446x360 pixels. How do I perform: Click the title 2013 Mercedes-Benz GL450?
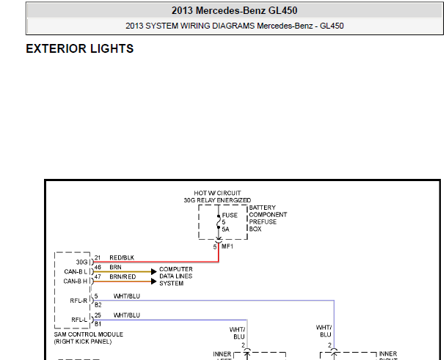point(235,10)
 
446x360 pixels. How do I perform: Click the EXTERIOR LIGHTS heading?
point(80,48)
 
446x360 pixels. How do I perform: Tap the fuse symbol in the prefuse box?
point(219,222)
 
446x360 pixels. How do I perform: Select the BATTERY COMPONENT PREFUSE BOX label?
point(268,218)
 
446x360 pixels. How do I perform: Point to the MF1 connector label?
point(227,246)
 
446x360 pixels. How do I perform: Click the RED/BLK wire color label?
point(122,257)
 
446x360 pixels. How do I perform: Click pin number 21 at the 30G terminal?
point(98,257)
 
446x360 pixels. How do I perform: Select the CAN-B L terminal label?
point(76,271)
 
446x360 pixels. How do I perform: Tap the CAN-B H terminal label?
point(76,282)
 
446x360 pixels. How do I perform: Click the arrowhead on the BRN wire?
point(154,271)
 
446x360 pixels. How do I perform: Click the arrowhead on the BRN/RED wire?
point(154,282)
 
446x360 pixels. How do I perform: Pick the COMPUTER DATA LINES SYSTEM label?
point(176,276)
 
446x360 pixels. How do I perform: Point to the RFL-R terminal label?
point(78,301)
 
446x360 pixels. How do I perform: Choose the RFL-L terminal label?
point(79,320)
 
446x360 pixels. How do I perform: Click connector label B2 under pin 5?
point(98,305)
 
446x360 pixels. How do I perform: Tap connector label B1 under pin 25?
point(98,324)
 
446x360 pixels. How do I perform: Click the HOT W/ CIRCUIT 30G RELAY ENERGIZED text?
point(217,196)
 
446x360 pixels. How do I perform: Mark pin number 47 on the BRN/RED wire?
point(98,276)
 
